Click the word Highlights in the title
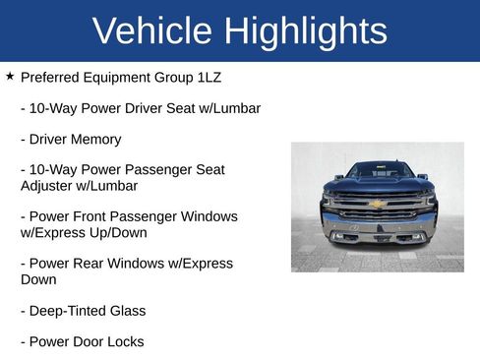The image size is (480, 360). (x=306, y=32)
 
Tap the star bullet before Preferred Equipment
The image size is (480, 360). (x=10, y=76)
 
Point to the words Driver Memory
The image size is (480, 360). (x=76, y=140)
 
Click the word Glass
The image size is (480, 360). (x=127, y=311)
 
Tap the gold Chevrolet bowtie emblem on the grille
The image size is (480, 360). (x=376, y=204)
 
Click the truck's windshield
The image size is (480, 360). (x=379, y=170)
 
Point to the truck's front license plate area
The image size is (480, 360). (x=378, y=236)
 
